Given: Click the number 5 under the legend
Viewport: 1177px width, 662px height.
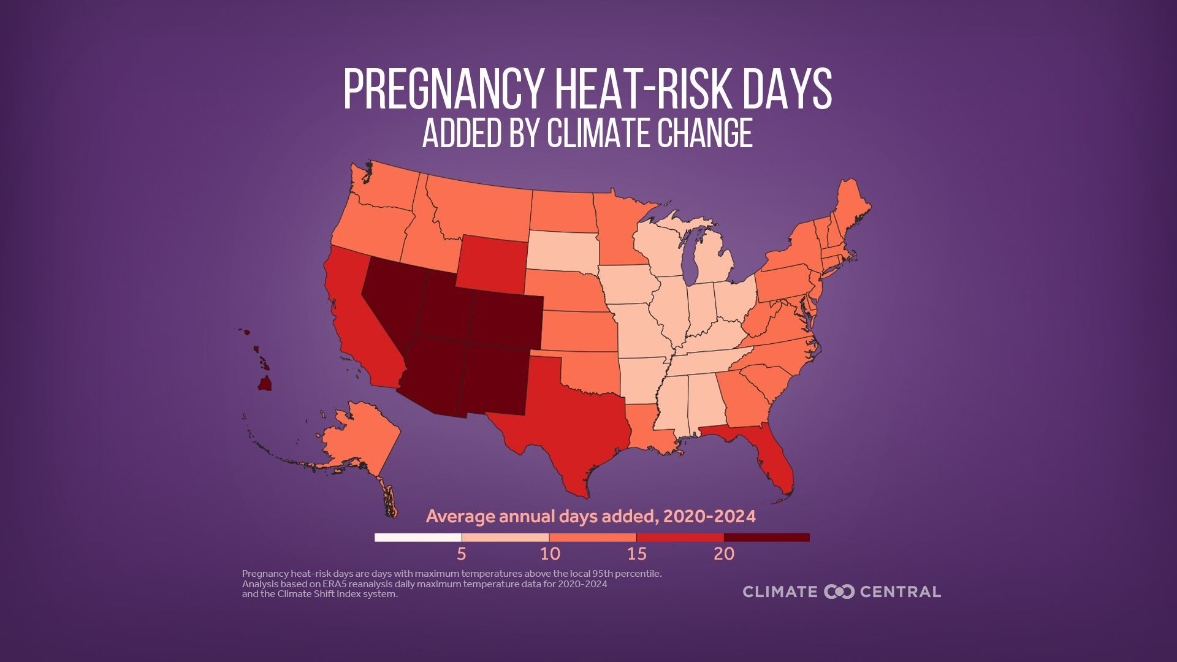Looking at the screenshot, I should [x=461, y=554].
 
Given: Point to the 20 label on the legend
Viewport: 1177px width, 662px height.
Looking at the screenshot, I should [x=723, y=554].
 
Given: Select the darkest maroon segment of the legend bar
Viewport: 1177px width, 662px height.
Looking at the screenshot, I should [x=766, y=538].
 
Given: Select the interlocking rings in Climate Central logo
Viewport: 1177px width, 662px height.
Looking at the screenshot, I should [x=839, y=592].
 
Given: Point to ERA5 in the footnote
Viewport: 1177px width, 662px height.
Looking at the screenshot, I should [x=336, y=584].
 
